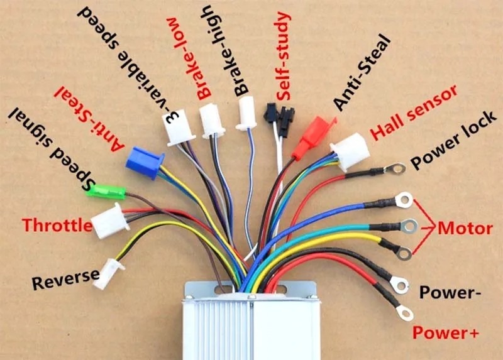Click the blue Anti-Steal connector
tap(145, 163)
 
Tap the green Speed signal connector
tap(105, 192)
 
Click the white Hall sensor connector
tap(350, 151)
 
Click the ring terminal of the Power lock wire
tap(395, 168)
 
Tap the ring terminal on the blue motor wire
tap(404, 200)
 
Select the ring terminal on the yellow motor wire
tap(404, 254)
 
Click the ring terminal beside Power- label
tap(399, 285)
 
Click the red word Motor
tap(465, 229)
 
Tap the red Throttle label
tap(57, 225)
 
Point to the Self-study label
tap(284, 57)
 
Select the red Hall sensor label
tap(414, 112)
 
